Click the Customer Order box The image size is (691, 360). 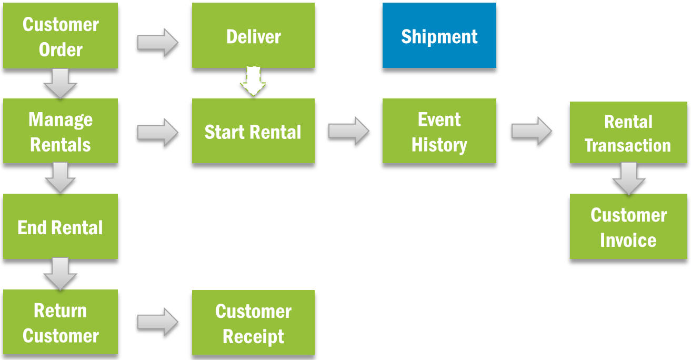tap(61, 36)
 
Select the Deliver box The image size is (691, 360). tap(253, 36)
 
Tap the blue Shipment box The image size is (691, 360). tap(439, 36)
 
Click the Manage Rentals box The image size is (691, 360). tap(61, 131)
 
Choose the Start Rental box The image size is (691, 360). tap(253, 131)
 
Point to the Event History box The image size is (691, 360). tap(439, 131)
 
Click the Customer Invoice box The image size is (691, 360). tap(628, 227)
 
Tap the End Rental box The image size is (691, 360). tap(61, 227)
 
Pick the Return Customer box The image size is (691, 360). tap(61, 322)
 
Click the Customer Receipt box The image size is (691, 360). tap(253, 323)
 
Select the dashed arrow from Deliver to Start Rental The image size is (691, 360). tap(253, 82)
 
